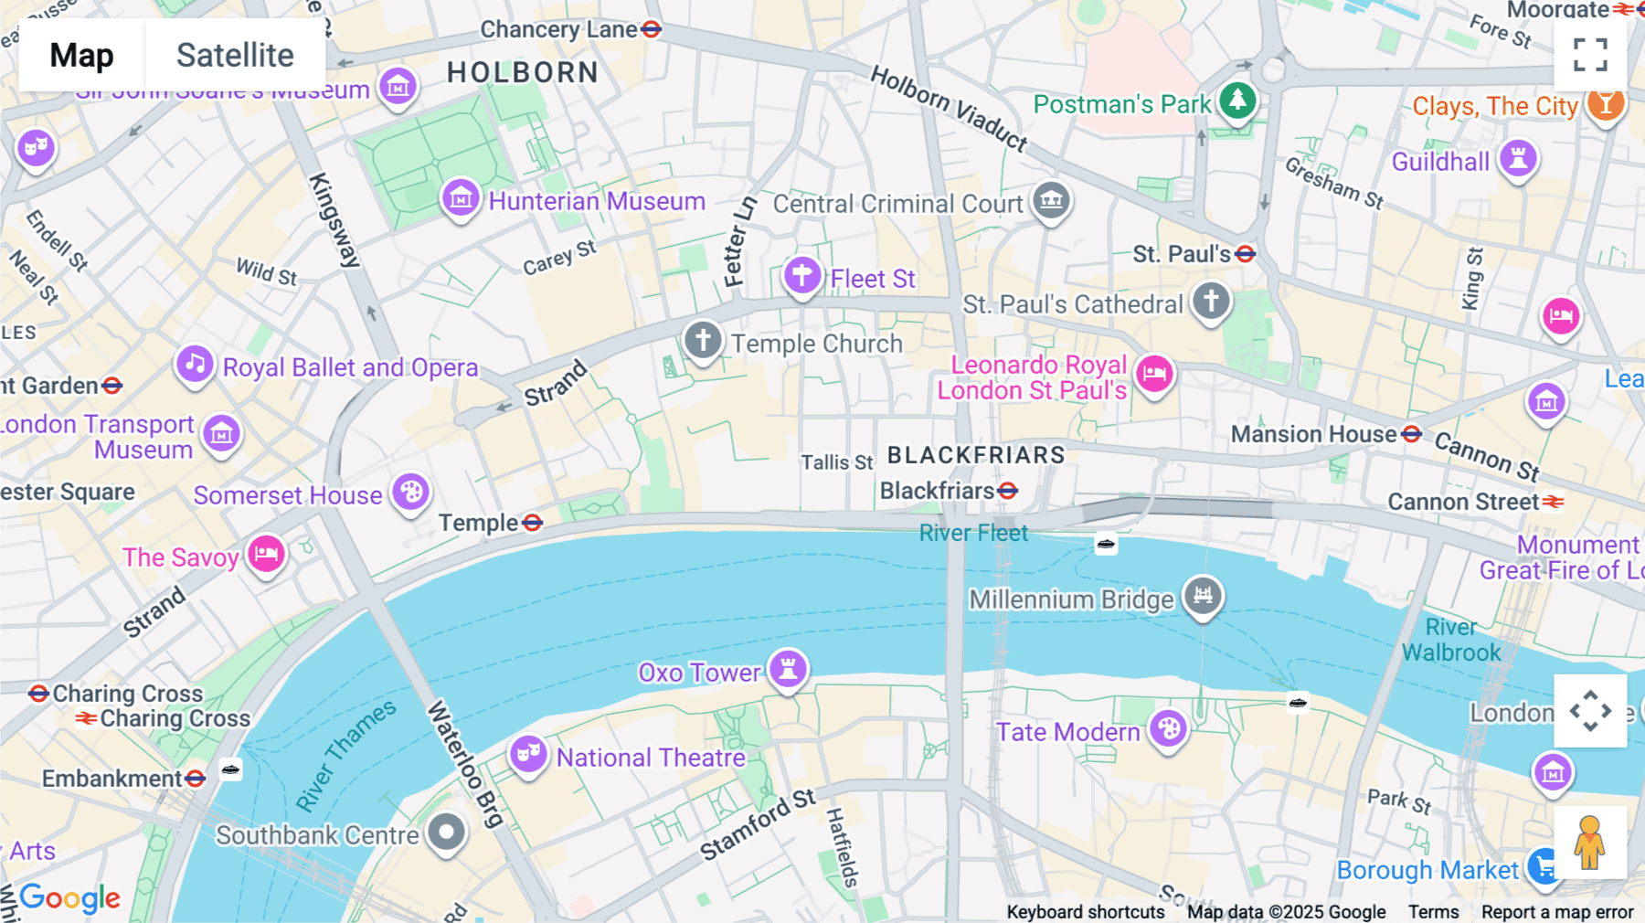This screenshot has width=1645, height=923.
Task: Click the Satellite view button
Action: click(x=235, y=55)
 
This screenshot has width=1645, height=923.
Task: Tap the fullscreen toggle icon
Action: click(x=1590, y=55)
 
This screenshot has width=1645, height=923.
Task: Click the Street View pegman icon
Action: click(x=1590, y=843)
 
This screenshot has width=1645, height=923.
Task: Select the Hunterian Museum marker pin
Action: click(x=461, y=198)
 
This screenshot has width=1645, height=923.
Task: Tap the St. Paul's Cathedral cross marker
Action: click(x=1211, y=302)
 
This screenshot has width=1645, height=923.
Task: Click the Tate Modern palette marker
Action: click(x=1168, y=729)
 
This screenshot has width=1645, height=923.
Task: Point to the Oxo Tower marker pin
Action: click(x=788, y=669)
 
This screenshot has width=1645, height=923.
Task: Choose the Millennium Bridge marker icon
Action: click(x=1203, y=596)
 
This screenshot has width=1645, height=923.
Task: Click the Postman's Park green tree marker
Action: click(x=1237, y=100)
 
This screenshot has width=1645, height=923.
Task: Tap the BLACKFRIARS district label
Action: click(x=976, y=454)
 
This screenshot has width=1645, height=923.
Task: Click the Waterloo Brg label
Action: click(x=465, y=764)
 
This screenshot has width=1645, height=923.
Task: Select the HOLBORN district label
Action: click(x=523, y=72)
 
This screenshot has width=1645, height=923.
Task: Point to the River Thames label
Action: click(x=345, y=755)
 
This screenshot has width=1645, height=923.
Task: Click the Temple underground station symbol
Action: click(x=533, y=523)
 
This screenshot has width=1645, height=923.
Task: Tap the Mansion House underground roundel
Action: click(x=1412, y=434)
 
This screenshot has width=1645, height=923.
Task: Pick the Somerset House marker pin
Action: click(x=411, y=493)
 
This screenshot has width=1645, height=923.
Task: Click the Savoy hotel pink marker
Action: click(x=266, y=554)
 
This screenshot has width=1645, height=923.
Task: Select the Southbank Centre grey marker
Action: click(x=447, y=833)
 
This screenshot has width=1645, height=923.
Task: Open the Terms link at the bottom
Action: click(x=1433, y=911)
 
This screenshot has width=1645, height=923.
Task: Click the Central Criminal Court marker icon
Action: click(x=1051, y=199)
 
